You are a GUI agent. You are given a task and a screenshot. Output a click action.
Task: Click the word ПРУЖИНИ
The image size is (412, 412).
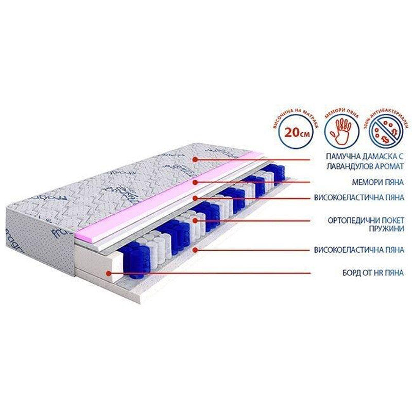[388, 229]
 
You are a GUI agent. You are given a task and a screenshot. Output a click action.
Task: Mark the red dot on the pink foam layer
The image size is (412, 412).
[195, 181]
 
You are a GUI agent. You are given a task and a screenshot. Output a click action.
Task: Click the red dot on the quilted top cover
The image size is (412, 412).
[195, 160]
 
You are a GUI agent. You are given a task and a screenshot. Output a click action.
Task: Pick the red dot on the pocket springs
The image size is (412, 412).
[195, 220]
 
